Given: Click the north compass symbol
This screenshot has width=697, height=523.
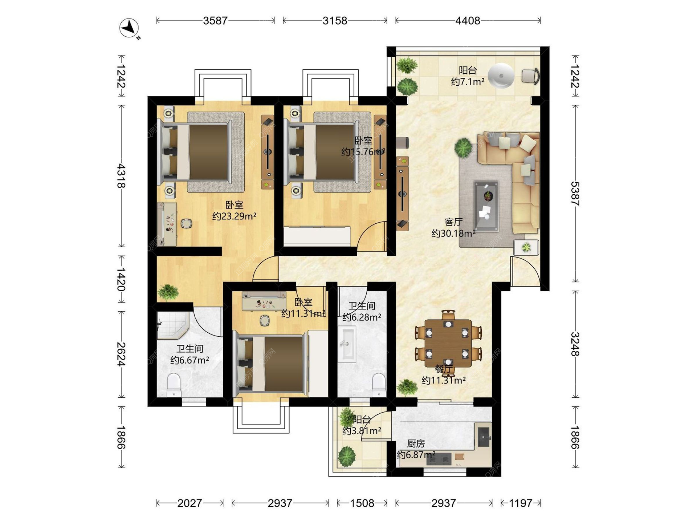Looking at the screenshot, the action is (130, 28).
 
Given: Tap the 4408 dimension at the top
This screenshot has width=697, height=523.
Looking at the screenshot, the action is (468, 21).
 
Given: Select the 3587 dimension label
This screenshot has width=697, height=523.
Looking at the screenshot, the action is (215, 21).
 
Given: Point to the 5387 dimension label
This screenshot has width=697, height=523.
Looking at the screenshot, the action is (575, 194).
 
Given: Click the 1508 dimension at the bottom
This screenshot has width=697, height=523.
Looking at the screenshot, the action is (362, 503).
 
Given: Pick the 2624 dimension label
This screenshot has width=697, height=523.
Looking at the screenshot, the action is (121, 354).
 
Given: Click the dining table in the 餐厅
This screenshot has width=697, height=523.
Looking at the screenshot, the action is (448, 343).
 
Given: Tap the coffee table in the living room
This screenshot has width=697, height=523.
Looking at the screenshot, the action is (486, 206).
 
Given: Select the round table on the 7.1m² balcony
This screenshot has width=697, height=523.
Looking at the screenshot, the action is (501, 76).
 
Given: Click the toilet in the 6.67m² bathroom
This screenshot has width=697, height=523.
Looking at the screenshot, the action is (174, 385).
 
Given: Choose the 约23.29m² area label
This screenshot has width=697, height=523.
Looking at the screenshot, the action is (235, 216).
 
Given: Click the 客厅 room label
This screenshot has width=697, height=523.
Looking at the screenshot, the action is (453, 222).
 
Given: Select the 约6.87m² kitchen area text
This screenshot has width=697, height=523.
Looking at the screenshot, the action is (416, 455).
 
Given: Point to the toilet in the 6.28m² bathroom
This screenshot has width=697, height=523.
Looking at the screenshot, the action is (379, 385).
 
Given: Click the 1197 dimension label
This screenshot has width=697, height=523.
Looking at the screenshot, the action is (521, 503).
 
